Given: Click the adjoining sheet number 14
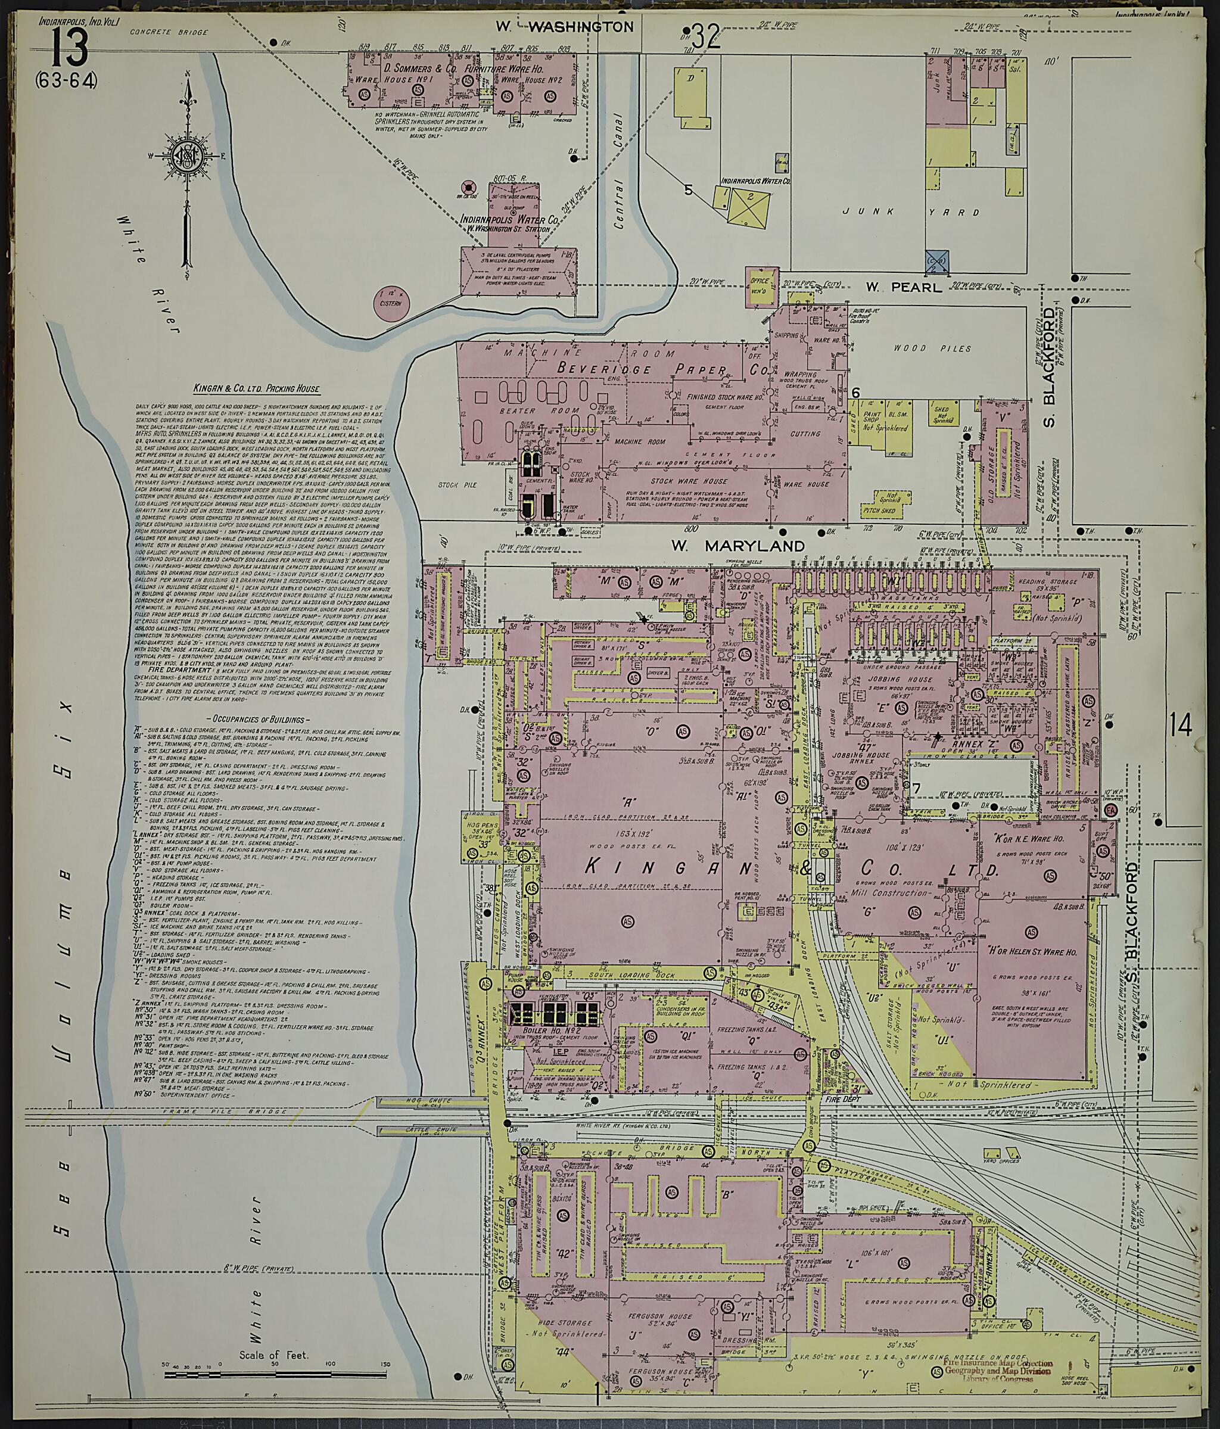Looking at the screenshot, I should click(x=1180, y=725).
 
